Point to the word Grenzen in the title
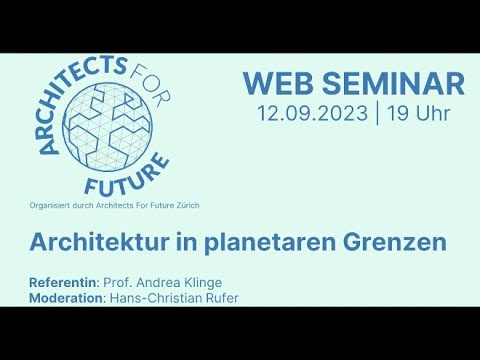tap(393, 243)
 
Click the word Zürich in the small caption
tap(187, 205)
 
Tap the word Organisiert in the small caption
tap(52, 205)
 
